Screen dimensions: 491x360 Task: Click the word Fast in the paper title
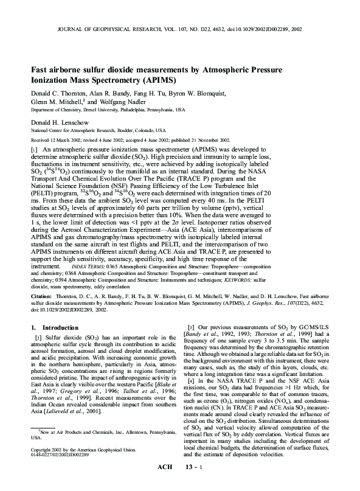click(41, 70)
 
